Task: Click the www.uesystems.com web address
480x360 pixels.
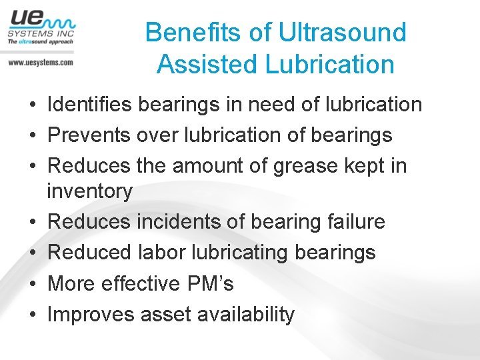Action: (41, 62)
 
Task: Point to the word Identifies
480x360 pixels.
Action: (90, 105)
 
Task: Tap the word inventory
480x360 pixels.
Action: (90, 191)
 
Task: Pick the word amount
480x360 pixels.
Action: (215, 166)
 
